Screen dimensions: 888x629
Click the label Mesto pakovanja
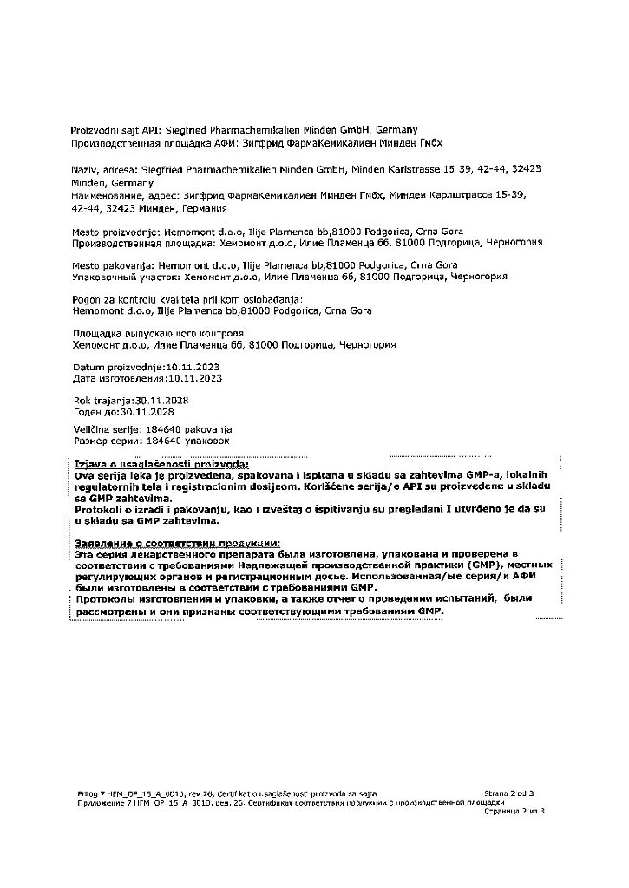tap(111, 264)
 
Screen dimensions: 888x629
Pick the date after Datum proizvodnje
tap(193, 367)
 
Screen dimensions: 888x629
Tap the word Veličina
tap(93, 429)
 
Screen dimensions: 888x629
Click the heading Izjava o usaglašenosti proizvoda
tap(161, 465)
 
